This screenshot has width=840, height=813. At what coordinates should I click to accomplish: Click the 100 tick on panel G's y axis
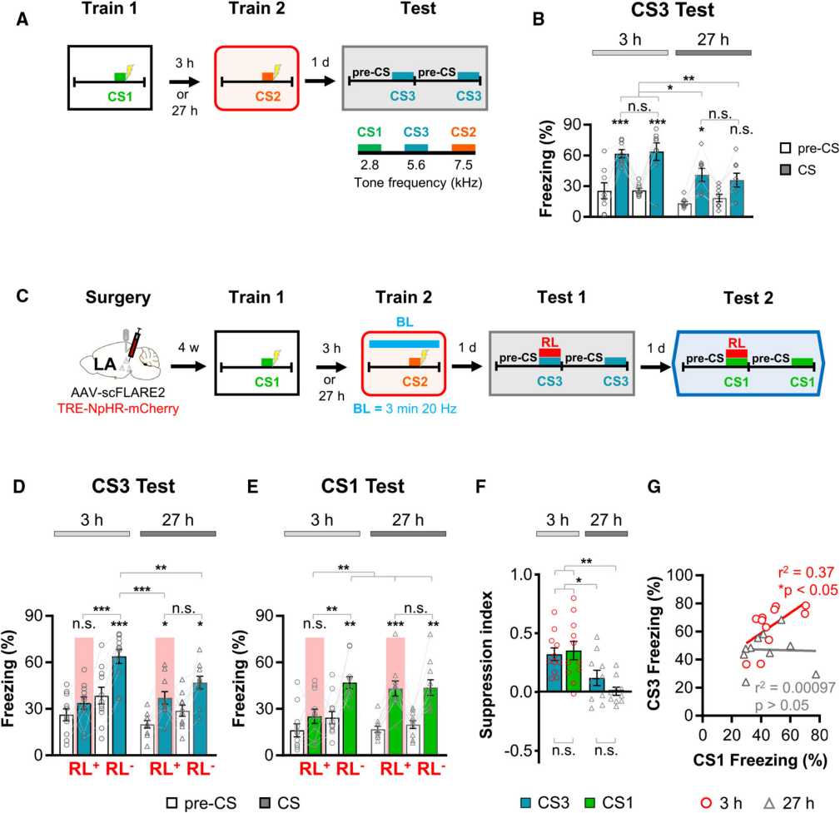[x=683, y=575]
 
